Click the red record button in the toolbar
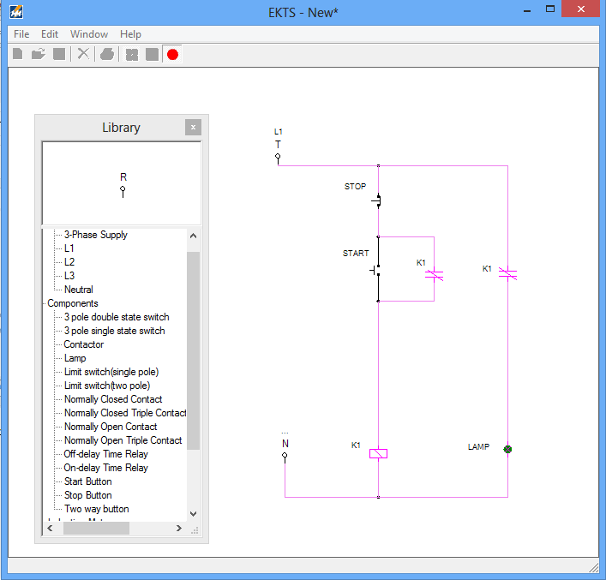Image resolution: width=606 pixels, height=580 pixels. point(172,54)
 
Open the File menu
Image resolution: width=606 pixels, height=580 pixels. point(21,34)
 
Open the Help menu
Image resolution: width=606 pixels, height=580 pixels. point(130,34)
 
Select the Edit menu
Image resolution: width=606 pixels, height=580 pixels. point(50,34)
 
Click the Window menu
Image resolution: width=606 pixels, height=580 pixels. point(89,34)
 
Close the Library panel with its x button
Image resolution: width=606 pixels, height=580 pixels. point(193,128)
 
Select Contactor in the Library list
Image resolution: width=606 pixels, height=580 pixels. point(84,344)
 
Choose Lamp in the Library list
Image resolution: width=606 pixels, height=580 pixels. point(75,358)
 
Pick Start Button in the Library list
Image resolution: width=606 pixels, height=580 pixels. point(87,481)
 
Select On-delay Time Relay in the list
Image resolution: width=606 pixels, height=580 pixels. point(105,468)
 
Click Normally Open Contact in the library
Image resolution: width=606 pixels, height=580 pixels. point(111,427)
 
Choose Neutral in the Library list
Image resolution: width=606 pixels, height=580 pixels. point(79,290)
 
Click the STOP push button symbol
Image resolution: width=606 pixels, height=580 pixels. point(377,200)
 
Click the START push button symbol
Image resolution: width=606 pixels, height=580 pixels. point(377,271)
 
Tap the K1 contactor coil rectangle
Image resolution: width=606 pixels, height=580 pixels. point(378,453)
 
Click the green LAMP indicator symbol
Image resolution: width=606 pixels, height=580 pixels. point(507,449)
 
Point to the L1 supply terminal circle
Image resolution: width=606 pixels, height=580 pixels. point(278,158)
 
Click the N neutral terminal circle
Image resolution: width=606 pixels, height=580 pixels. point(285,456)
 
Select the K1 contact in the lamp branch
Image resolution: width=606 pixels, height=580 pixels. point(507,274)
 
